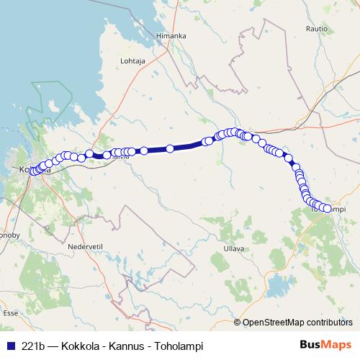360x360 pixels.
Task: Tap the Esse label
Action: point(10,313)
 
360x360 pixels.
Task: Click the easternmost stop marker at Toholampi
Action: point(328,209)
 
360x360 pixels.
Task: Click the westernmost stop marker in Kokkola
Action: point(32,171)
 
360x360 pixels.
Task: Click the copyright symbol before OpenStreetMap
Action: point(238,323)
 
